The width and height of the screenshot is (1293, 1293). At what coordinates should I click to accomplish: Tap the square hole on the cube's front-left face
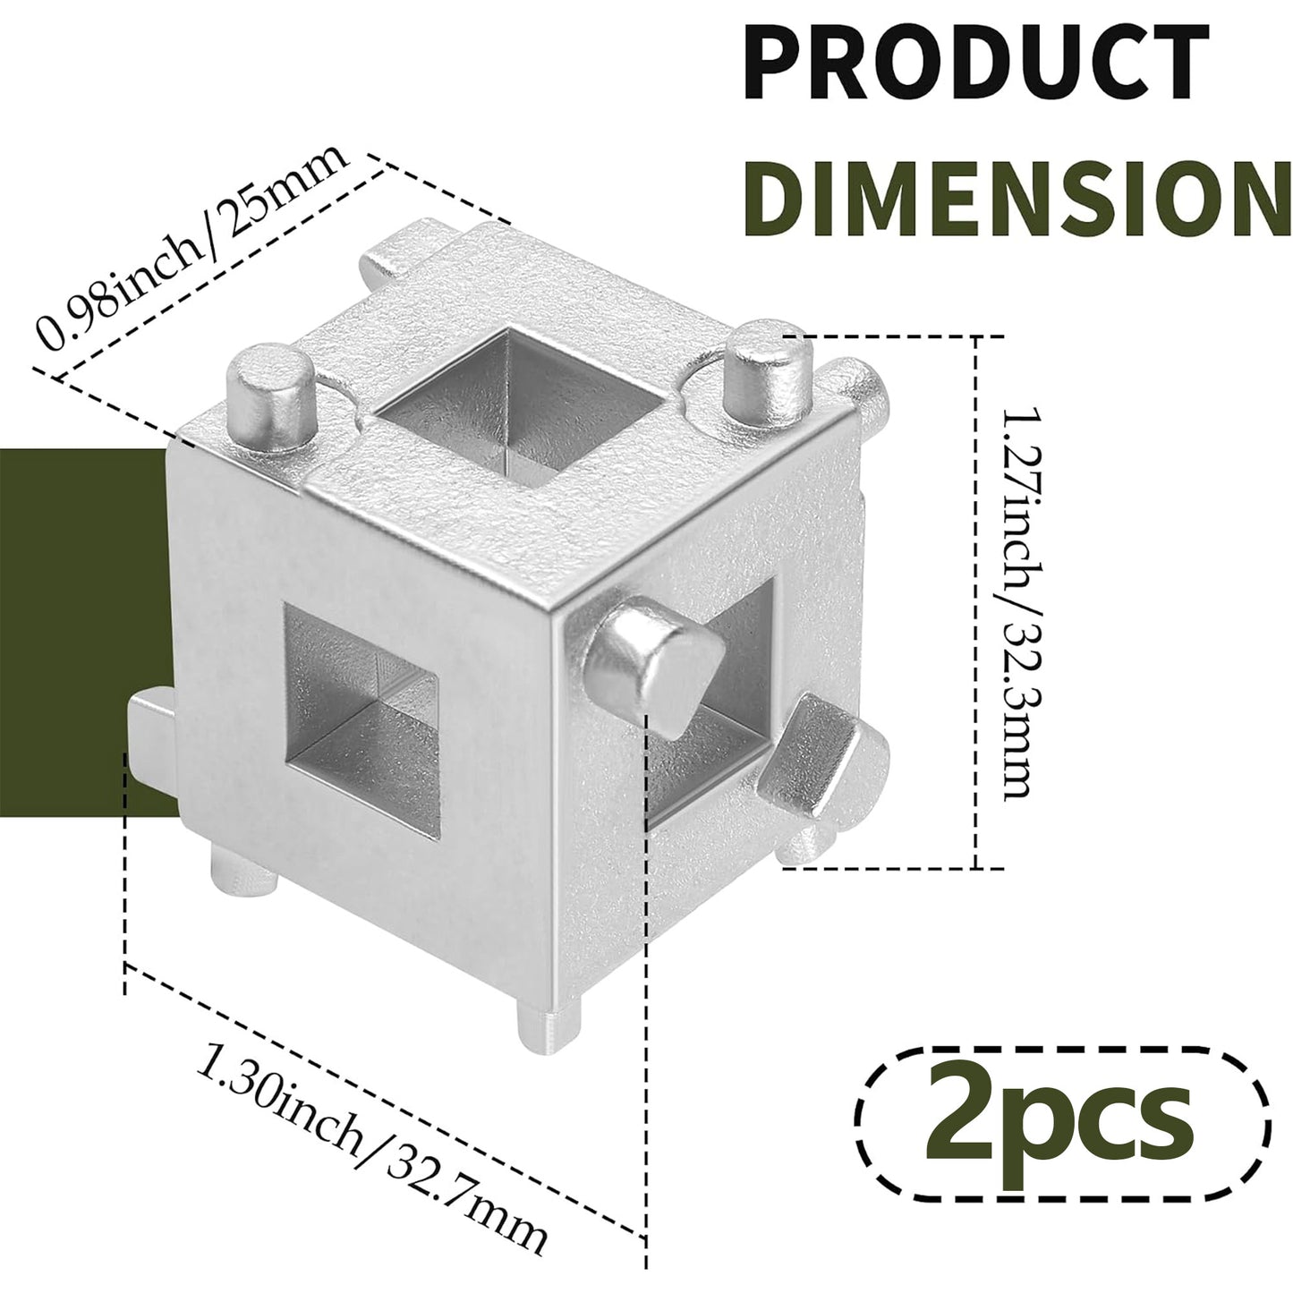[362, 718]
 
